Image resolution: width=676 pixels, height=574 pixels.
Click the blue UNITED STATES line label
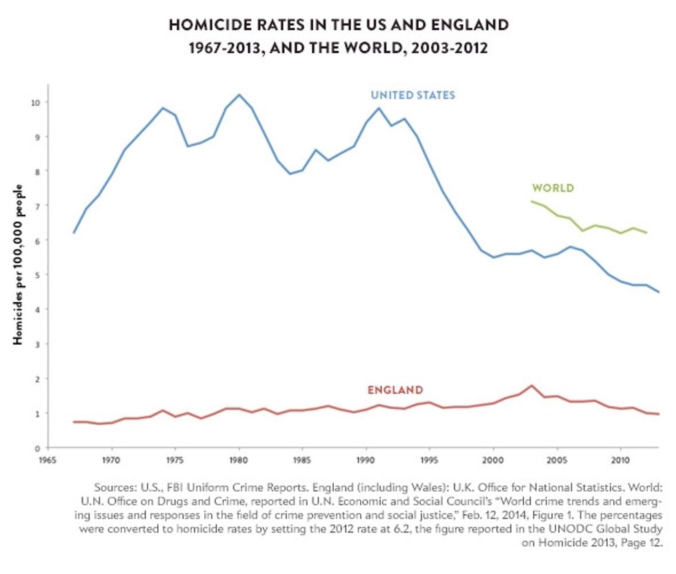[x=412, y=95]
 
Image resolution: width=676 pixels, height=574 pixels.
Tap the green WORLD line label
[x=553, y=188]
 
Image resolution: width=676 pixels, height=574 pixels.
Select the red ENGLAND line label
[x=395, y=390]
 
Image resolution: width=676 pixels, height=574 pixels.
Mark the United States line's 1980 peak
[x=239, y=95]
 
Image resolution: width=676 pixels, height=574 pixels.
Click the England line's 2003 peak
[x=531, y=385]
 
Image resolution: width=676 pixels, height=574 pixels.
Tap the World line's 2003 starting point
[x=531, y=201]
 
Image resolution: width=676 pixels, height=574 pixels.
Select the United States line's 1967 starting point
[x=74, y=233]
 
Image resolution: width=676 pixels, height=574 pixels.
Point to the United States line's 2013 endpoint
[x=658, y=292]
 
